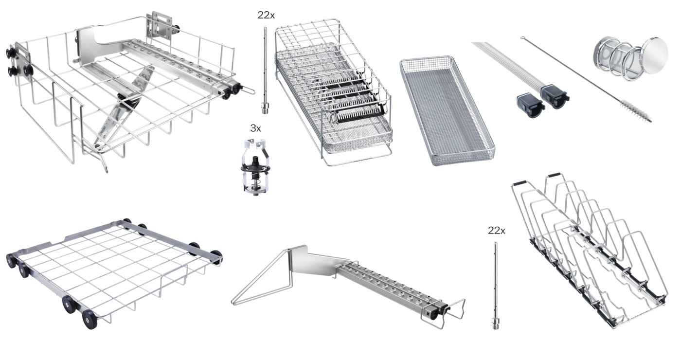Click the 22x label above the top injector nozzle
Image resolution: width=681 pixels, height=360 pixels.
click(x=266, y=15)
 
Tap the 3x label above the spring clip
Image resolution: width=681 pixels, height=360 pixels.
click(x=255, y=128)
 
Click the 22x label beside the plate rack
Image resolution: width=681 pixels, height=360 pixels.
click(x=497, y=231)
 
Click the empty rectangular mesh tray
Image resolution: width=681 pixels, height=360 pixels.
click(x=447, y=111)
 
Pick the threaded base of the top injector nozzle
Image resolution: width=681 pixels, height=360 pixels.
click(x=266, y=108)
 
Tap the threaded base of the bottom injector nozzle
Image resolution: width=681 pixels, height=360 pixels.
click(x=496, y=323)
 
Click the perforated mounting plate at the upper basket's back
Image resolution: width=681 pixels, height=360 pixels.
click(x=159, y=25)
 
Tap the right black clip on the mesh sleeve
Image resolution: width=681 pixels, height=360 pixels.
click(x=555, y=96)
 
